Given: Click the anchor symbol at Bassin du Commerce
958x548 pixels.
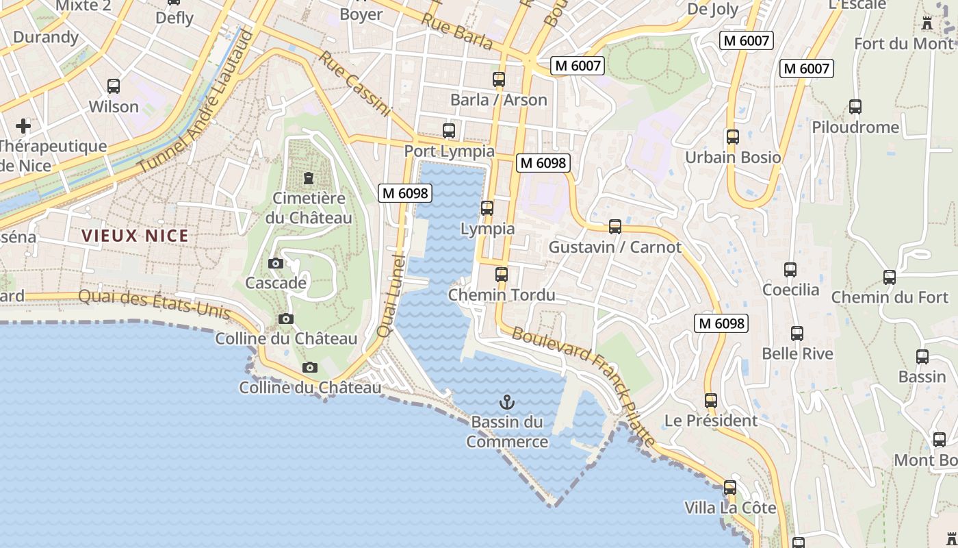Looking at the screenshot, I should (507, 402).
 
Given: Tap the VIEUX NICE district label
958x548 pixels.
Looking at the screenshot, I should (135, 236).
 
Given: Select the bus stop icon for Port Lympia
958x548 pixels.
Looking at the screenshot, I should (449, 130).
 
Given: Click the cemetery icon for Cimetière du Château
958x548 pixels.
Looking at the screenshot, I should (309, 178).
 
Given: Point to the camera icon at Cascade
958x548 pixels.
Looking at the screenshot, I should (276, 263).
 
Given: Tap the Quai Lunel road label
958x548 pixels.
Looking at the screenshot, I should (391, 295).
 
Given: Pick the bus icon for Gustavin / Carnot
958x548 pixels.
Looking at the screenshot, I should (615, 227).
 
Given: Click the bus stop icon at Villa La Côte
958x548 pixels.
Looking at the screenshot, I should (730, 488).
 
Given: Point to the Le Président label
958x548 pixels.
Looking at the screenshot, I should (711, 420).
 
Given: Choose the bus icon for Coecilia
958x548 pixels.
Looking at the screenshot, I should (790, 270).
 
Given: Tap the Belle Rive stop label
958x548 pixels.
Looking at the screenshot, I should (798, 353).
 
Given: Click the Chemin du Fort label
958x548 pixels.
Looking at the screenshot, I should (890, 297).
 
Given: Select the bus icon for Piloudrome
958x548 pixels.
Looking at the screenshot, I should (855, 107).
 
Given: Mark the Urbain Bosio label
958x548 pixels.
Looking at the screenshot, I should (733, 157).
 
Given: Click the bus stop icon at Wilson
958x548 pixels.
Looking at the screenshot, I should (114, 86).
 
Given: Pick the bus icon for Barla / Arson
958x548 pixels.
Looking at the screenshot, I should (499, 79).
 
